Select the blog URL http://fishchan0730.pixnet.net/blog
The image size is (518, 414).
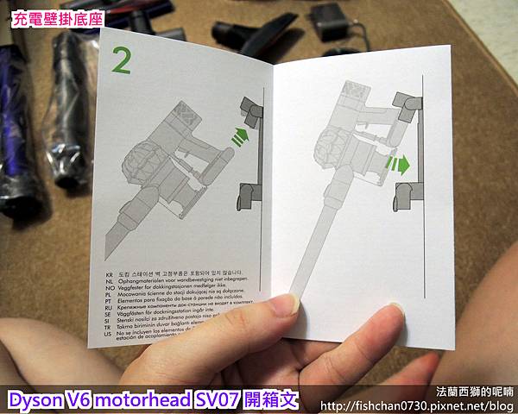coord(418,405)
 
